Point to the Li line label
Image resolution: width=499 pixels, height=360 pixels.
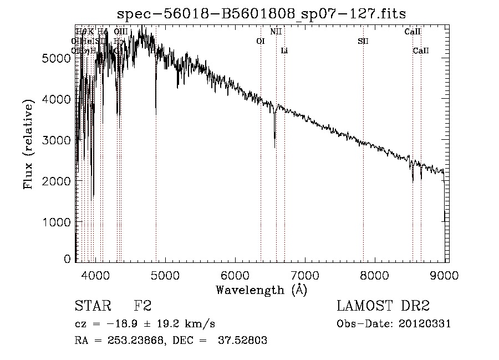(x=284, y=51)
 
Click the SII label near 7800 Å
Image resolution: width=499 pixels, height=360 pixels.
(x=363, y=41)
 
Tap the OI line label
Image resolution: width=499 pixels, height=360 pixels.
(x=261, y=41)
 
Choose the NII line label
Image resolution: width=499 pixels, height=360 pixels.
(x=276, y=32)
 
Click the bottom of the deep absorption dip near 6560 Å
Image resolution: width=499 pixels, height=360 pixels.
(x=274, y=146)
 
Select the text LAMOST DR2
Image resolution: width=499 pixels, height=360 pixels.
(x=383, y=306)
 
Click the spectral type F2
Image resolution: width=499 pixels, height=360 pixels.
(x=143, y=306)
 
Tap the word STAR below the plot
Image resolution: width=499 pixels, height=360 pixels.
(x=93, y=306)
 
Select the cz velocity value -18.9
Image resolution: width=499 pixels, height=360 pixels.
(x=113, y=323)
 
